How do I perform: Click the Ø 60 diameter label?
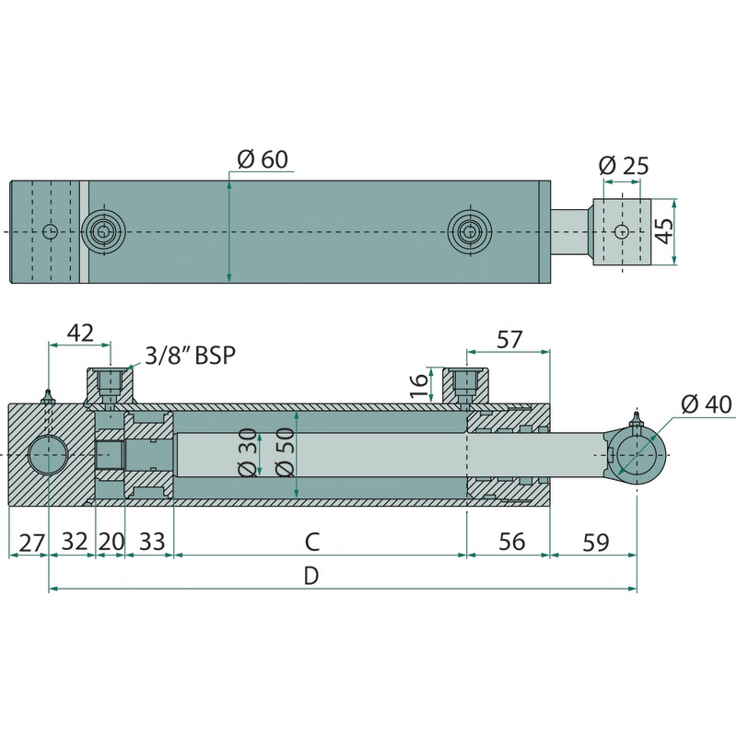pyautogui.click(x=263, y=159)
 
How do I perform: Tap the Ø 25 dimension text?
pyautogui.click(x=624, y=166)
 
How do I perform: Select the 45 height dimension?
pyautogui.click(x=664, y=231)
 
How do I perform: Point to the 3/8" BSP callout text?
pyautogui.click(x=190, y=356)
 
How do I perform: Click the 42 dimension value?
pyautogui.click(x=80, y=333)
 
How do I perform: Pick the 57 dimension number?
pyautogui.click(x=509, y=339)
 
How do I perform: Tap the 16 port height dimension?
pyautogui.click(x=420, y=385)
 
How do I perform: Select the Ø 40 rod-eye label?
pyautogui.click(x=707, y=404)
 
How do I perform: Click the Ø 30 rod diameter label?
pyautogui.click(x=249, y=452)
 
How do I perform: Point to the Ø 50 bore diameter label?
pyautogui.click(x=286, y=452)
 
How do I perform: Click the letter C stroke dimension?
pyautogui.click(x=312, y=542)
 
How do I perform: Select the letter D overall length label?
pyautogui.click(x=311, y=575)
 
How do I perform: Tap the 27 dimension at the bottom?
pyautogui.click(x=31, y=543)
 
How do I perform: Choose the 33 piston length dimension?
pyautogui.click(x=152, y=542)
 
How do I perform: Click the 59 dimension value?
pyautogui.click(x=595, y=542)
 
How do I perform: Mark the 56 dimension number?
pyautogui.click(x=511, y=542)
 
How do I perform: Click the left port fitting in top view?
pyautogui.click(x=103, y=231)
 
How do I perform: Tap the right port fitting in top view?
pyautogui.click(x=469, y=231)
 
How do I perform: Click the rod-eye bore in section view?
pyautogui.click(x=637, y=455)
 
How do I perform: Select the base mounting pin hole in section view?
pyautogui.click(x=49, y=455)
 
